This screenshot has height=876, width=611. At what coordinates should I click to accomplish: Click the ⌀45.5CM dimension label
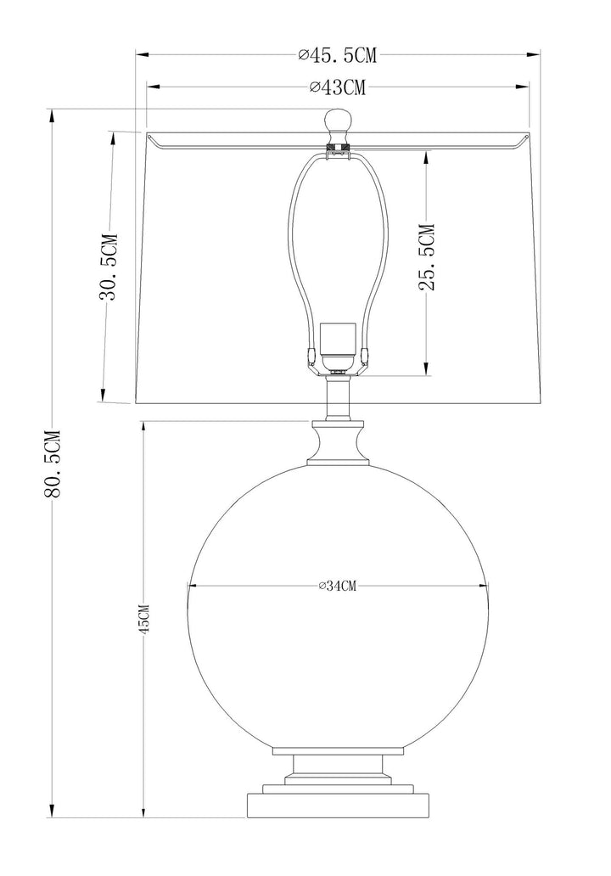(338, 54)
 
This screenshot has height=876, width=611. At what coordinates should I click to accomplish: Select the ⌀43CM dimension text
(338, 87)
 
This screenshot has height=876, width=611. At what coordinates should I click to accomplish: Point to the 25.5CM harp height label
(426, 257)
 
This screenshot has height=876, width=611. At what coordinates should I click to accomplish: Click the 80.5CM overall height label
(52, 463)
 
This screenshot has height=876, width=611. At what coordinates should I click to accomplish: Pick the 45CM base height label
(144, 619)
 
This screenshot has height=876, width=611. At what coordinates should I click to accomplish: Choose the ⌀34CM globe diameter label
(338, 586)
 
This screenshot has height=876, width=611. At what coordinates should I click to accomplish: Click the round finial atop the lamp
(338, 121)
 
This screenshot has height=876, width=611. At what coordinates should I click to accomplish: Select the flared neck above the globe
(338, 443)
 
